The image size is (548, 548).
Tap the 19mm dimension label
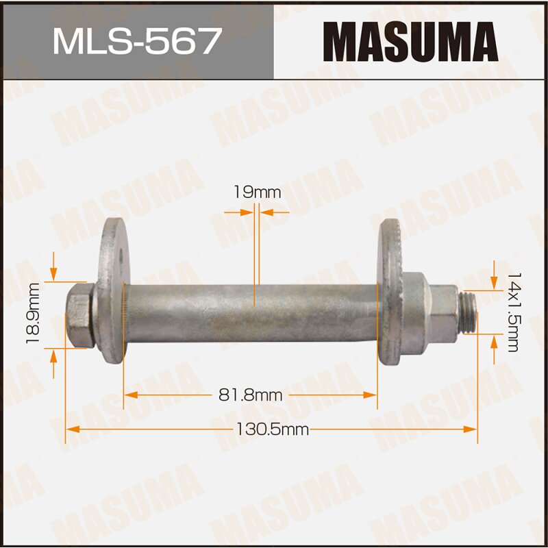(257, 192)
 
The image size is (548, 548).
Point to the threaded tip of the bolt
(467, 311)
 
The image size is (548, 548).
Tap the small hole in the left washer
(121, 260)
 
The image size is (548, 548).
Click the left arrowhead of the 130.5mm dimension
(71, 429)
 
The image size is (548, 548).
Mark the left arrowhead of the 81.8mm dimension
(129, 395)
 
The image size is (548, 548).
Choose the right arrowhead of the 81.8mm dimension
(372, 395)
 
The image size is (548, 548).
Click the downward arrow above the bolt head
(54, 273)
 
